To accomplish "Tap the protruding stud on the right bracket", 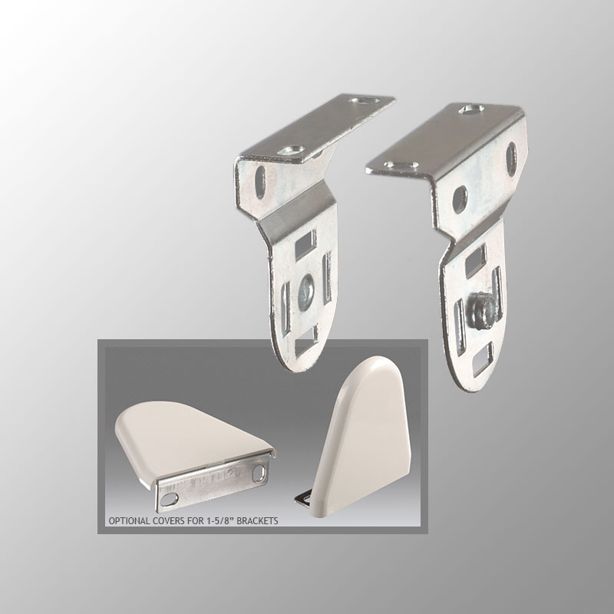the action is pyautogui.click(x=482, y=309).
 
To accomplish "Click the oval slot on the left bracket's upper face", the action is pyautogui.click(x=259, y=182).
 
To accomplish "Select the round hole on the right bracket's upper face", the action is pyautogui.click(x=460, y=199).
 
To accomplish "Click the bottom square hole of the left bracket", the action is pyautogui.click(x=305, y=342).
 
